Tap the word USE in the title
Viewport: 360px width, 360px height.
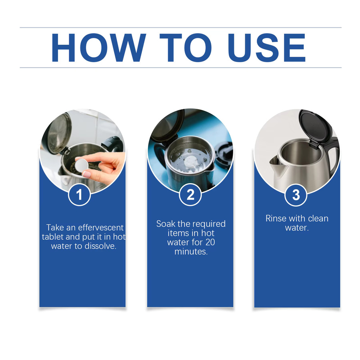click(x=267, y=48)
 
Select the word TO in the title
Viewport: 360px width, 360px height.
click(x=186, y=48)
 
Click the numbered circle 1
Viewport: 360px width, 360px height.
click(x=79, y=195)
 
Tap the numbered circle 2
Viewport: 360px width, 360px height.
click(x=190, y=195)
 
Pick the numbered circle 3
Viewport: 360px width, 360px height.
click(x=296, y=195)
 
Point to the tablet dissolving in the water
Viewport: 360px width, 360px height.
click(x=190, y=162)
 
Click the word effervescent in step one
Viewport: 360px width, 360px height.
click(x=101, y=228)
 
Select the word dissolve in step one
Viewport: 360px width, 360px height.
click(x=100, y=246)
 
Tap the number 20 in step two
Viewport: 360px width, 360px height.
click(x=210, y=242)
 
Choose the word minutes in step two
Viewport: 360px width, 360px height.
click(x=191, y=252)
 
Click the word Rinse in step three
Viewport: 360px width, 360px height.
click(x=275, y=218)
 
